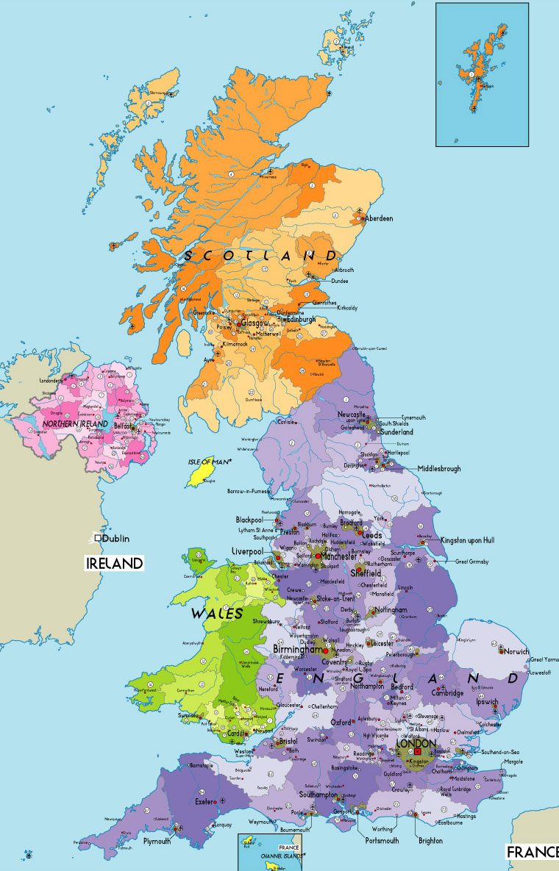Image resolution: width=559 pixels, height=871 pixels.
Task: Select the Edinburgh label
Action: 302,320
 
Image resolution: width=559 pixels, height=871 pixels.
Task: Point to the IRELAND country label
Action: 114,563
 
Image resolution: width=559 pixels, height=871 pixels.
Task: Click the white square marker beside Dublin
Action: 97,538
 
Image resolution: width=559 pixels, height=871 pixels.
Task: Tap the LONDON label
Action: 416,743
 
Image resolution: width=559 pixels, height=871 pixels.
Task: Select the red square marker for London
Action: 418,752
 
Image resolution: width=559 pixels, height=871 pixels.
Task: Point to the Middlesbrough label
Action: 439,468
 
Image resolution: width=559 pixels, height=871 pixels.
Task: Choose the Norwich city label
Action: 518,651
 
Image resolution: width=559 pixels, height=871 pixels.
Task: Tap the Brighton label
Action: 430,840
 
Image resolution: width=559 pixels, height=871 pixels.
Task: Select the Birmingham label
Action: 298,650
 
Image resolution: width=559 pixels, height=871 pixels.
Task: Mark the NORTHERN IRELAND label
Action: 71,424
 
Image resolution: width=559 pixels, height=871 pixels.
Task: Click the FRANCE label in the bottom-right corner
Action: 533,851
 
